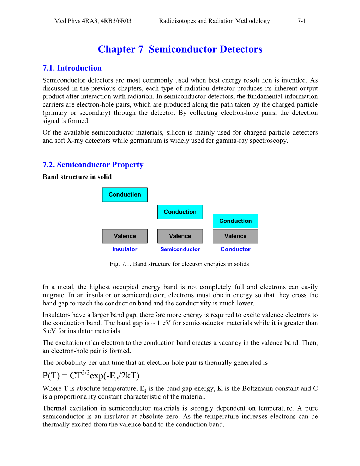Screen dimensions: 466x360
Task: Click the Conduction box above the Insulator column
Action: coord(125,195)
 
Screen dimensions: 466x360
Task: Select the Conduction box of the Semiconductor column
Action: coord(180,212)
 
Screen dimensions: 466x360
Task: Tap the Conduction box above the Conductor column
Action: coord(235,221)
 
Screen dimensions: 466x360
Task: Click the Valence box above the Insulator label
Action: coord(125,236)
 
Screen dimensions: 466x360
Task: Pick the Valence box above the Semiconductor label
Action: coord(180,236)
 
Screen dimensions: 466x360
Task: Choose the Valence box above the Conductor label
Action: coord(235,236)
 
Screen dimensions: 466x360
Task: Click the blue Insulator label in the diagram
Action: coord(125,249)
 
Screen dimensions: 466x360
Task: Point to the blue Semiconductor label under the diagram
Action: coord(180,249)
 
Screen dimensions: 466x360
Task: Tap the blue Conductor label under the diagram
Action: coord(235,249)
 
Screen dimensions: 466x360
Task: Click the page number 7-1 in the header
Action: coord(301,21)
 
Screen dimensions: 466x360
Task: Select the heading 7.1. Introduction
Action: coord(72,68)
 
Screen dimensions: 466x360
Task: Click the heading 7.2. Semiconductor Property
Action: coord(93,165)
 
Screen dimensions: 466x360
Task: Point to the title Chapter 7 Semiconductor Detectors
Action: coord(180,49)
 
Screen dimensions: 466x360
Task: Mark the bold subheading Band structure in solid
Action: coord(77,177)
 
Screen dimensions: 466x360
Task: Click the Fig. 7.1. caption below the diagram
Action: coord(180,264)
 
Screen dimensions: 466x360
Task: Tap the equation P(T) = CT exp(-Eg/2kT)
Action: coord(91,375)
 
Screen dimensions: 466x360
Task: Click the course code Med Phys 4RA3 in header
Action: coord(76,21)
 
